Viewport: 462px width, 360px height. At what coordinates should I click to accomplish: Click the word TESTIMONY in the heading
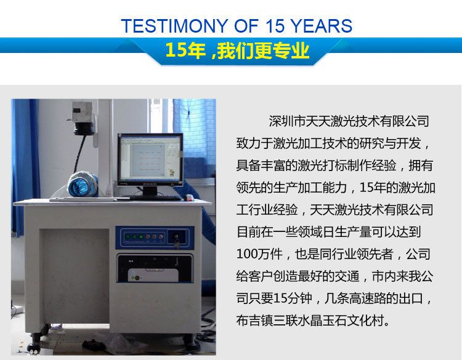click(175, 26)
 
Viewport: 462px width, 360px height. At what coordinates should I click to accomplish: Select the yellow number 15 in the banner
click(176, 50)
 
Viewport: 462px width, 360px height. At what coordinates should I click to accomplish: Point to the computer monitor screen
click(150, 158)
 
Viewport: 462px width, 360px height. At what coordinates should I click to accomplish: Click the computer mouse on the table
click(188, 198)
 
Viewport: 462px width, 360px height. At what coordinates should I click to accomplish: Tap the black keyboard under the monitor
click(154, 198)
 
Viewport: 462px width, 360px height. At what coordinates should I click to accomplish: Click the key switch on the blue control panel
click(177, 236)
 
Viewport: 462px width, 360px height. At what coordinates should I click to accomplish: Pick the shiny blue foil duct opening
click(83, 185)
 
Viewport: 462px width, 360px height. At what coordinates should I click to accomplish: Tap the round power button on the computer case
click(137, 278)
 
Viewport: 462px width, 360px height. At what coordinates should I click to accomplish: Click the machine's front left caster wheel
click(33, 346)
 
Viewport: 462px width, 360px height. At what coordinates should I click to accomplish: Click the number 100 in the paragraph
click(247, 254)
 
